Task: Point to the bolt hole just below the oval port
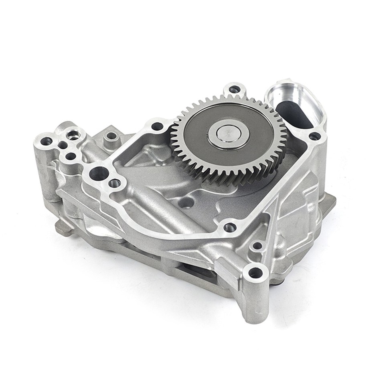[315, 136]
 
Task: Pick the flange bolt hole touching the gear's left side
[158, 126]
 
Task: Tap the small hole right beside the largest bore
[115, 183]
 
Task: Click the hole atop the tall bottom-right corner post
[255, 274]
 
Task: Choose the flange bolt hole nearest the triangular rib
[230, 227]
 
